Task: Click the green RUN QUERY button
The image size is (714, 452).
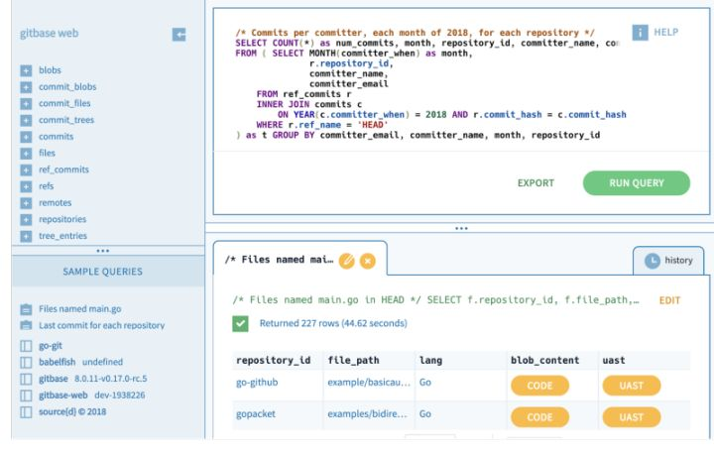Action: tap(636, 182)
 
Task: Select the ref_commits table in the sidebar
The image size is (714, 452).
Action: tap(63, 169)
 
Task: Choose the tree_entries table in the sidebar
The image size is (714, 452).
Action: tap(61, 236)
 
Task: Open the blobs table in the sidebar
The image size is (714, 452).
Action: tap(50, 70)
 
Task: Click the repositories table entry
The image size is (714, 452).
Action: tap(62, 219)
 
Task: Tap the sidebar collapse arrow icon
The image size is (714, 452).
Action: tap(179, 35)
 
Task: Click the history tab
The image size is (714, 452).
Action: tap(668, 261)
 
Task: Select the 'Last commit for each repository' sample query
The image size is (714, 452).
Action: tap(102, 325)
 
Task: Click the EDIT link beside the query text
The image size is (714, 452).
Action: tap(669, 299)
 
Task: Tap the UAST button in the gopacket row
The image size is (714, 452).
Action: tap(631, 417)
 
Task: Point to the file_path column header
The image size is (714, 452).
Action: tap(353, 360)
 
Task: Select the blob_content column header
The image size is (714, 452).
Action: tap(544, 360)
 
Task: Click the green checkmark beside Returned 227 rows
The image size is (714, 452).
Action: tap(241, 323)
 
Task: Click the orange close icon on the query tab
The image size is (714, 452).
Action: tap(368, 262)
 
